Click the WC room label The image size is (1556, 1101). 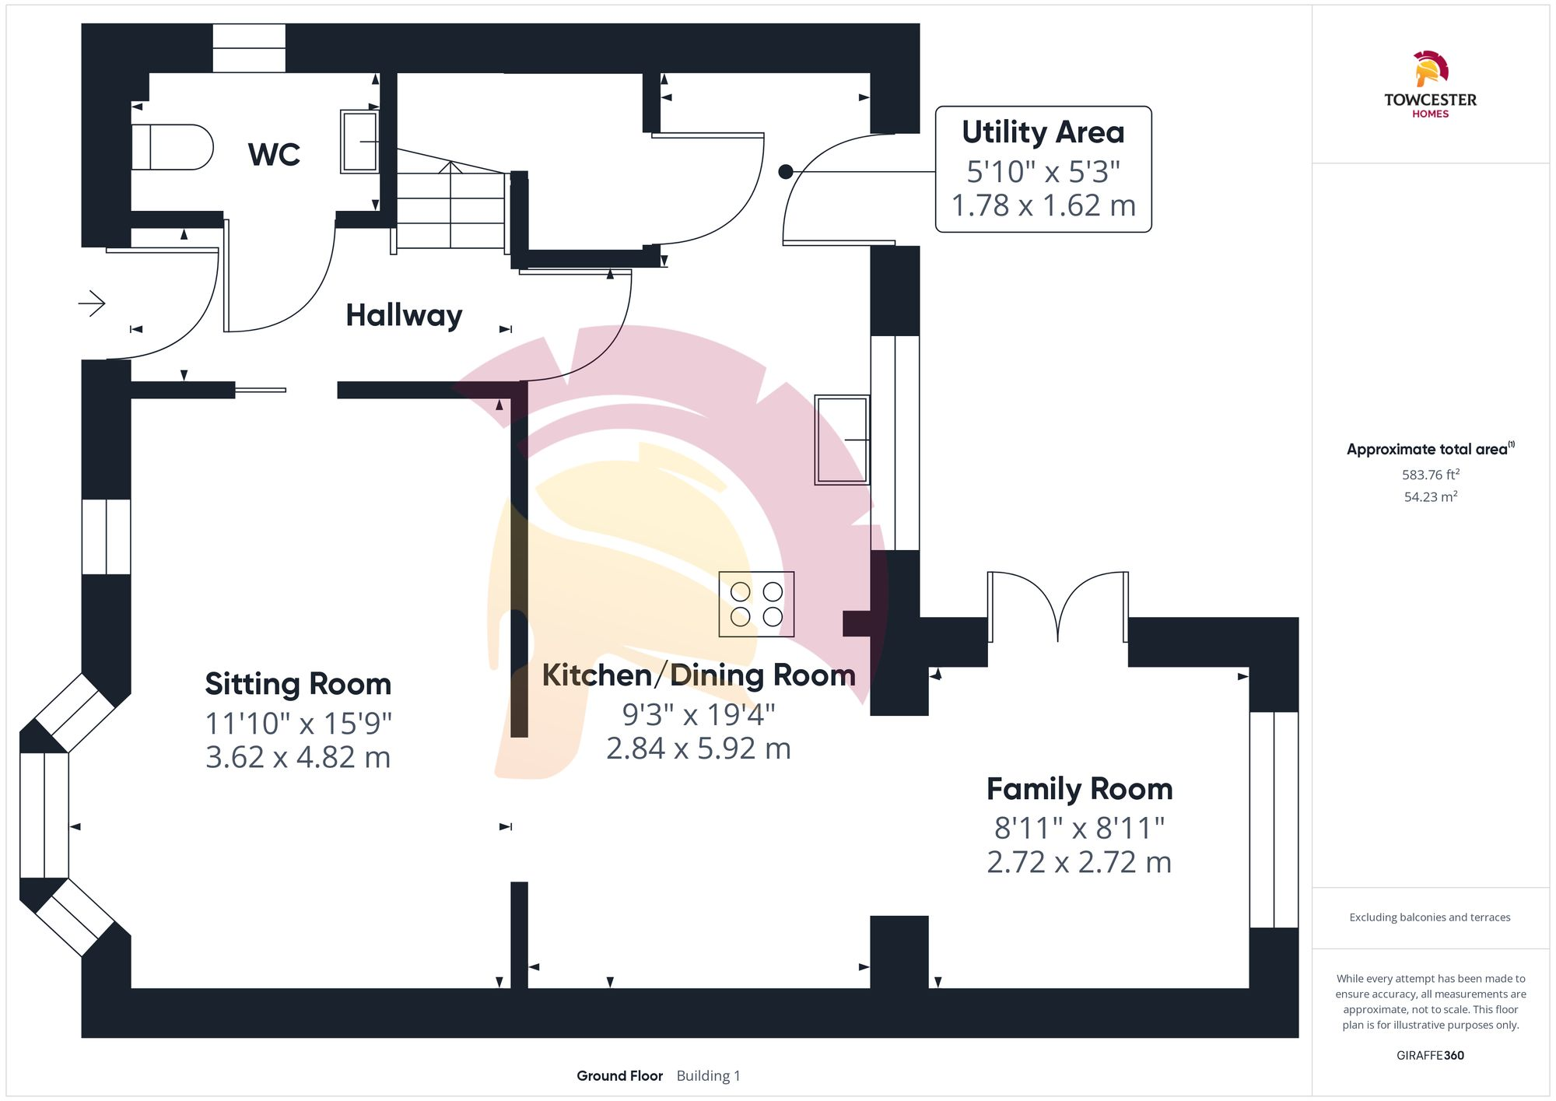pos(274,154)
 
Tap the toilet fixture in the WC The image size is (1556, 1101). pos(172,147)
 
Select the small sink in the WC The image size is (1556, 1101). pos(359,142)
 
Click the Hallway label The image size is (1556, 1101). pos(404,315)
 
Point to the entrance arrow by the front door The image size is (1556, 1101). pos(92,303)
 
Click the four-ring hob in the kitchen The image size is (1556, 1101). pos(756,605)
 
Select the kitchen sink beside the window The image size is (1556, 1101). pos(842,440)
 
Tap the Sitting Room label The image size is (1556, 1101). pos(298,684)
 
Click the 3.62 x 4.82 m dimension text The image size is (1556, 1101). pos(298,757)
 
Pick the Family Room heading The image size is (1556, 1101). pos(1079,789)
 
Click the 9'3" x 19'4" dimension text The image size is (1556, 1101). pos(699,714)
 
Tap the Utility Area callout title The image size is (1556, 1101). pos(1043,132)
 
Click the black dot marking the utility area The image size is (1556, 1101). pos(786,172)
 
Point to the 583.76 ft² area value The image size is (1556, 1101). pos(1430,475)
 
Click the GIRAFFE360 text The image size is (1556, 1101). pos(1430,1055)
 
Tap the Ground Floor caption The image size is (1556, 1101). pos(619,1075)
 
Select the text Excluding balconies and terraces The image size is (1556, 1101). pos(1430,917)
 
